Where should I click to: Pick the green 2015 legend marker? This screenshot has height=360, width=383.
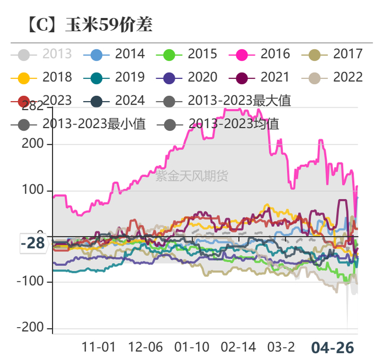pos(169,54)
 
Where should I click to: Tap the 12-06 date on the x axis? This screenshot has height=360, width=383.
pos(146,347)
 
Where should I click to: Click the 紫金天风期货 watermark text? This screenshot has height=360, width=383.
pos(191,176)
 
